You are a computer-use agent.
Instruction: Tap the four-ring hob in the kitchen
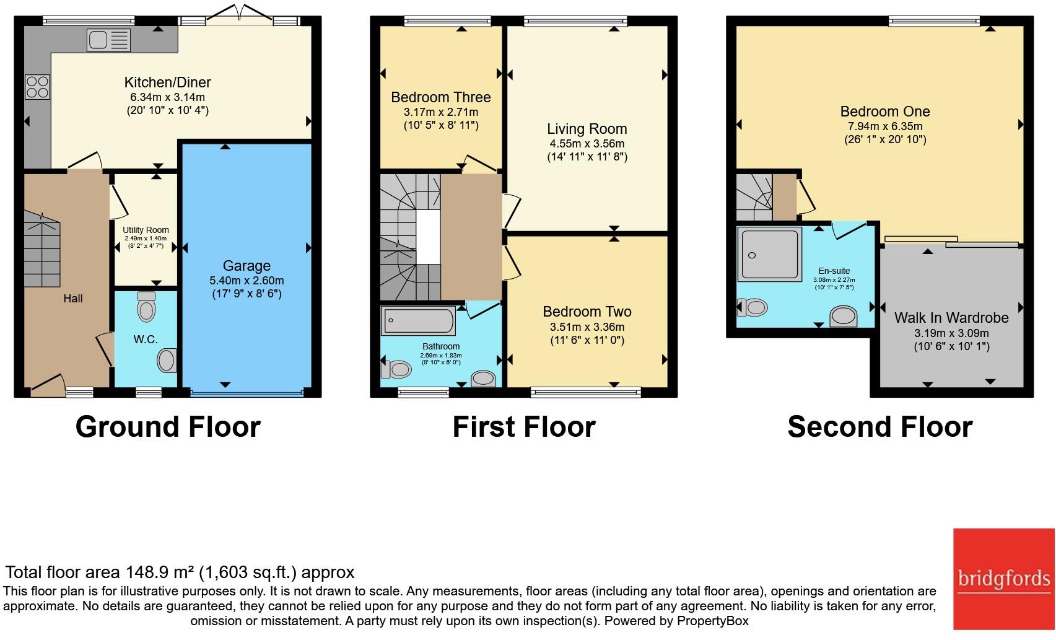[x=37, y=87]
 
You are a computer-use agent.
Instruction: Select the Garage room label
[x=247, y=266]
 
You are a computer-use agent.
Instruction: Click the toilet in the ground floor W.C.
[x=146, y=306]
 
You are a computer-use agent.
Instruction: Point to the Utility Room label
[x=146, y=230]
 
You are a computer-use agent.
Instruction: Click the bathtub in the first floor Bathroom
[x=419, y=321]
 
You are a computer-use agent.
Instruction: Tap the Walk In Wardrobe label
[x=951, y=318]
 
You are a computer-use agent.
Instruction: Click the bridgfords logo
[x=1003, y=579]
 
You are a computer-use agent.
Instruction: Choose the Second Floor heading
[x=879, y=427]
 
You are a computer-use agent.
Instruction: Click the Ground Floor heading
[x=168, y=427]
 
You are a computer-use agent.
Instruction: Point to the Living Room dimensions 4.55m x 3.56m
[x=587, y=144]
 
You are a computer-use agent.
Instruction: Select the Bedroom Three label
[x=440, y=97]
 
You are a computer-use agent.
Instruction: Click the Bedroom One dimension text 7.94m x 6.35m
[x=885, y=126]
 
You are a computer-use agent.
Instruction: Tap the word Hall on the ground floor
[x=72, y=299]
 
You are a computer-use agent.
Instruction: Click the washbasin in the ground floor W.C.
[x=167, y=360]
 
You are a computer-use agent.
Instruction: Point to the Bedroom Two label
[x=587, y=312]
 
